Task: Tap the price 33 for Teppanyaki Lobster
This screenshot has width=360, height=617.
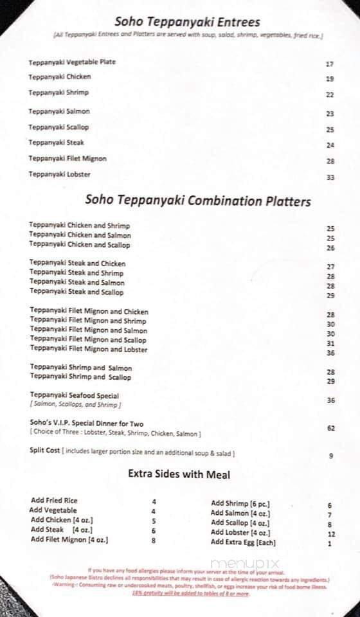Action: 330,177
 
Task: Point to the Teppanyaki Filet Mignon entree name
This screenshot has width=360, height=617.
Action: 67,159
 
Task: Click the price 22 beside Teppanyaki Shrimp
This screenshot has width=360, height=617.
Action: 330,94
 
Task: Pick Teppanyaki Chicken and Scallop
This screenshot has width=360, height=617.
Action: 80,245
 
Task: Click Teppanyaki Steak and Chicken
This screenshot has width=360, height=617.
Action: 77,264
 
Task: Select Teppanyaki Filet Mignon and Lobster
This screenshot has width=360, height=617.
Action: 89,350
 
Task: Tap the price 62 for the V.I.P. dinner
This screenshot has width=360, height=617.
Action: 330,427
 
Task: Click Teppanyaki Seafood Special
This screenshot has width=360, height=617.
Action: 74,395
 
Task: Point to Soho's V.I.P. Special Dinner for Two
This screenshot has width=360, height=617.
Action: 86,424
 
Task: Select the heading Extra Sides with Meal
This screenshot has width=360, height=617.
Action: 179,475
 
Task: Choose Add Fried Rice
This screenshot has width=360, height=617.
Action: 54,500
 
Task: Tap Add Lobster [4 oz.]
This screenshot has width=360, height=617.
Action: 240,533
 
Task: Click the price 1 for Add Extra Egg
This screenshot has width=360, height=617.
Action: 329,544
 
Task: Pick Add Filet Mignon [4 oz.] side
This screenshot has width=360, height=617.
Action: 69,540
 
